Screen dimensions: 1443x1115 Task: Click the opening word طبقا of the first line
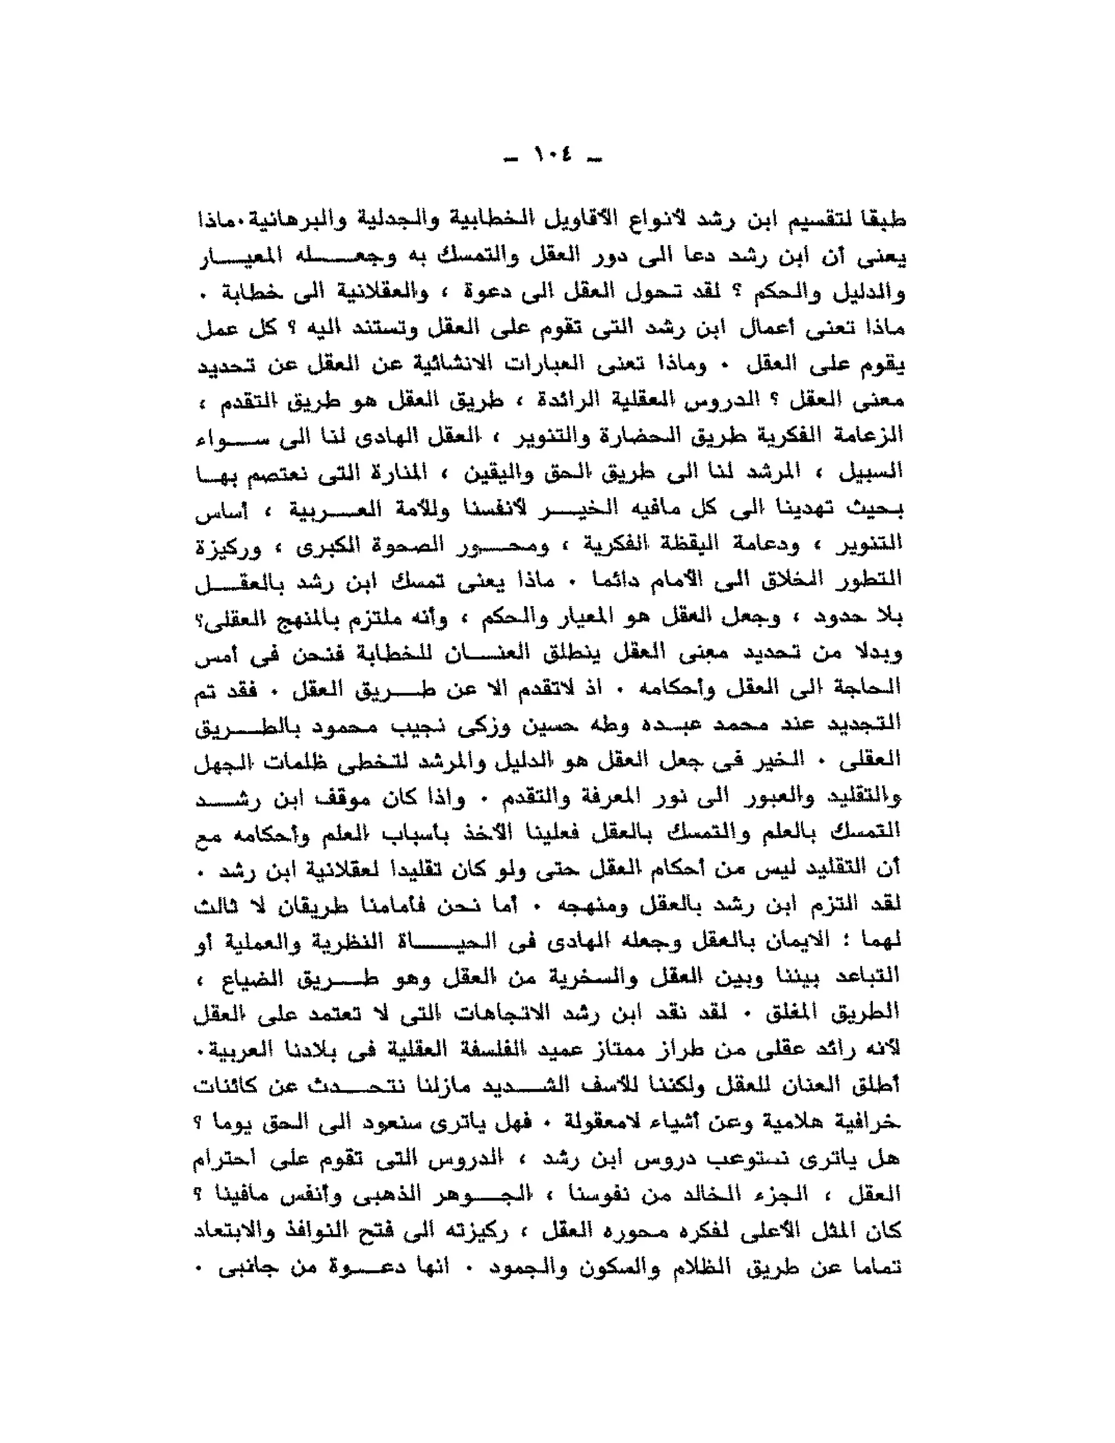pyautogui.click(x=882, y=221)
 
